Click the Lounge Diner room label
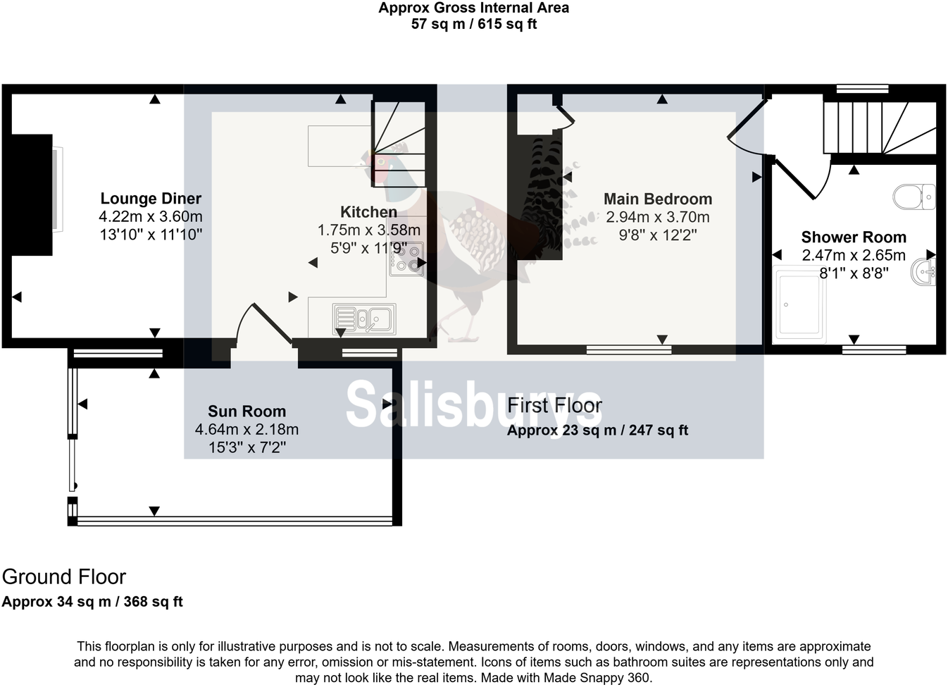(151, 199)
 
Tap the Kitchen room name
(368, 212)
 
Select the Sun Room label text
(247, 411)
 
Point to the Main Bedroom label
(658, 199)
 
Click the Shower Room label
(854, 237)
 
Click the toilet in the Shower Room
(913, 197)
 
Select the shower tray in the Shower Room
(800, 304)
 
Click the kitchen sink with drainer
(364, 319)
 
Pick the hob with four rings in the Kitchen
(406, 259)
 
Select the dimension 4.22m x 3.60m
(151, 217)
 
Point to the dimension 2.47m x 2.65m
(854, 255)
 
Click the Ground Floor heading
(64, 577)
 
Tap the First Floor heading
(554, 406)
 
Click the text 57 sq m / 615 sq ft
(474, 24)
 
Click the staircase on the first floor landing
(880, 128)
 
